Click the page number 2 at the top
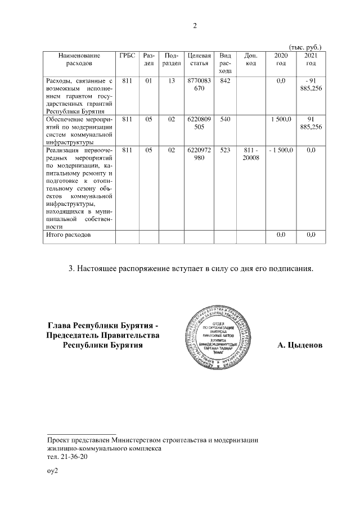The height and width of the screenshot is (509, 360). pyautogui.click(x=195, y=26)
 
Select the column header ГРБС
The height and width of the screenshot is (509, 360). pyautogui.click(x=127, y=56)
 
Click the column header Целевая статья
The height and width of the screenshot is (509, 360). pyautogui.click(x=199, y=60)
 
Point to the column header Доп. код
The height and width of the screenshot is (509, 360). pyautogui.click(x=251, y=60)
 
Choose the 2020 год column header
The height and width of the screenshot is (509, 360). pyautogui.click(x=280, y=60)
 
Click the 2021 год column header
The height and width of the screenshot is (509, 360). pyautogui.click(x=310, y=60)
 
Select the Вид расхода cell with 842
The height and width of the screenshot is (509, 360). pyautogui.click(x=225, y=82)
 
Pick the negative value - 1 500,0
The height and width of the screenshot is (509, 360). pyautogui.click(x=280, y=150)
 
